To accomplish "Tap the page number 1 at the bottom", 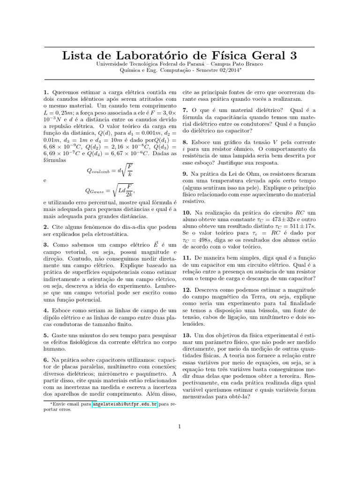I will pos(180,426).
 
